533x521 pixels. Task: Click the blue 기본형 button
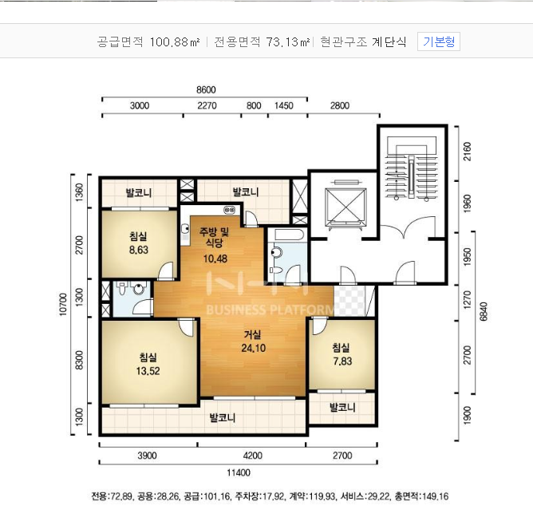tap(439, 41)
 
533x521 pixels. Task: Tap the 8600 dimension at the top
tap(206, 89)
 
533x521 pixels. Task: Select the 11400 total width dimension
tap(239, 472)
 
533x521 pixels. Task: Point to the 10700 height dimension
tap(63, 305)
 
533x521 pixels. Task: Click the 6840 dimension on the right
tap(484, 312)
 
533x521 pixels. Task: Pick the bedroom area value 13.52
tap(148, 371)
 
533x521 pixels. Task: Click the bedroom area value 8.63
tap(139, 251)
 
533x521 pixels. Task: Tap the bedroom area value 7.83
tap(342, 361)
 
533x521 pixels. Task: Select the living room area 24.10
tap(254, 348)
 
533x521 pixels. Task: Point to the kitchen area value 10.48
tap(215, 259)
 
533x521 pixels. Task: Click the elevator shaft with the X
tap(345, 207)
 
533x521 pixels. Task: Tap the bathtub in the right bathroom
tap(287, 235)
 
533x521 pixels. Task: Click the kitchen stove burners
tap(230, 210)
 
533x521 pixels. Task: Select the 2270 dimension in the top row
tap(207, 105)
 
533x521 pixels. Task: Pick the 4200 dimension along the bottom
tap(253, 456)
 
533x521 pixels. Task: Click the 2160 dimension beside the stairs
tap(468, 152)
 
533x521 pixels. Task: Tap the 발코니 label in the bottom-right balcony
tap(342, 407)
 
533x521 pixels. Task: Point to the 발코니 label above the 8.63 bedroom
tap(139, 193)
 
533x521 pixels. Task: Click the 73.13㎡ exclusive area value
tap(288, 41)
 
